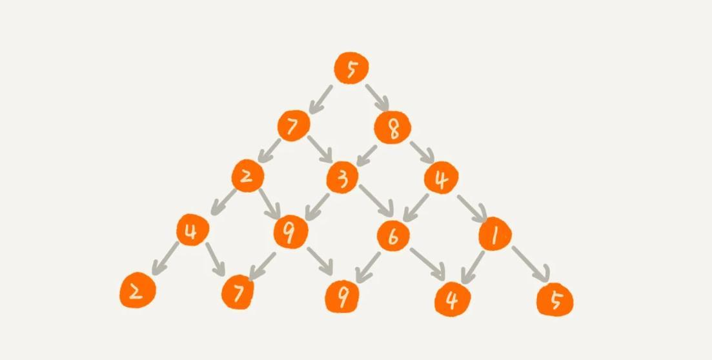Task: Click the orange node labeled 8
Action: [392, 128]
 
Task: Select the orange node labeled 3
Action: [343, 177]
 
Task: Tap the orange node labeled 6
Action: [393, 236]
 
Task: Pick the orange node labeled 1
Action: [495, 235]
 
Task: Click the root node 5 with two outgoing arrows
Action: [352, 67]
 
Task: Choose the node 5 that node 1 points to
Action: [554, 300]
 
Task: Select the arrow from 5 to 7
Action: [322, 99]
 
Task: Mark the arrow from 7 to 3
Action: [320, 149]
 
